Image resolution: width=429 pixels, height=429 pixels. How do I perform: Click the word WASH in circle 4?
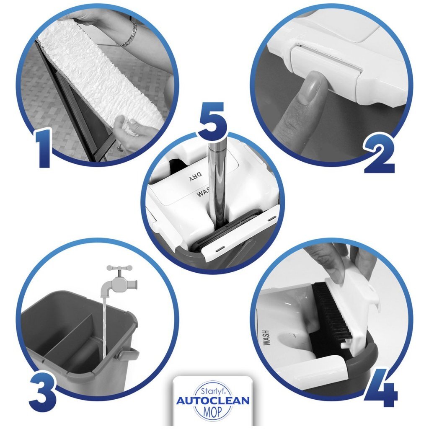click(x=266, y=338)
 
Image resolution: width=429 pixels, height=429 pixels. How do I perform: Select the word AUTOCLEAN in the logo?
click(x=213, y=401)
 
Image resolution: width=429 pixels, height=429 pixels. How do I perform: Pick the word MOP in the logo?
click(x=213, y=411)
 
